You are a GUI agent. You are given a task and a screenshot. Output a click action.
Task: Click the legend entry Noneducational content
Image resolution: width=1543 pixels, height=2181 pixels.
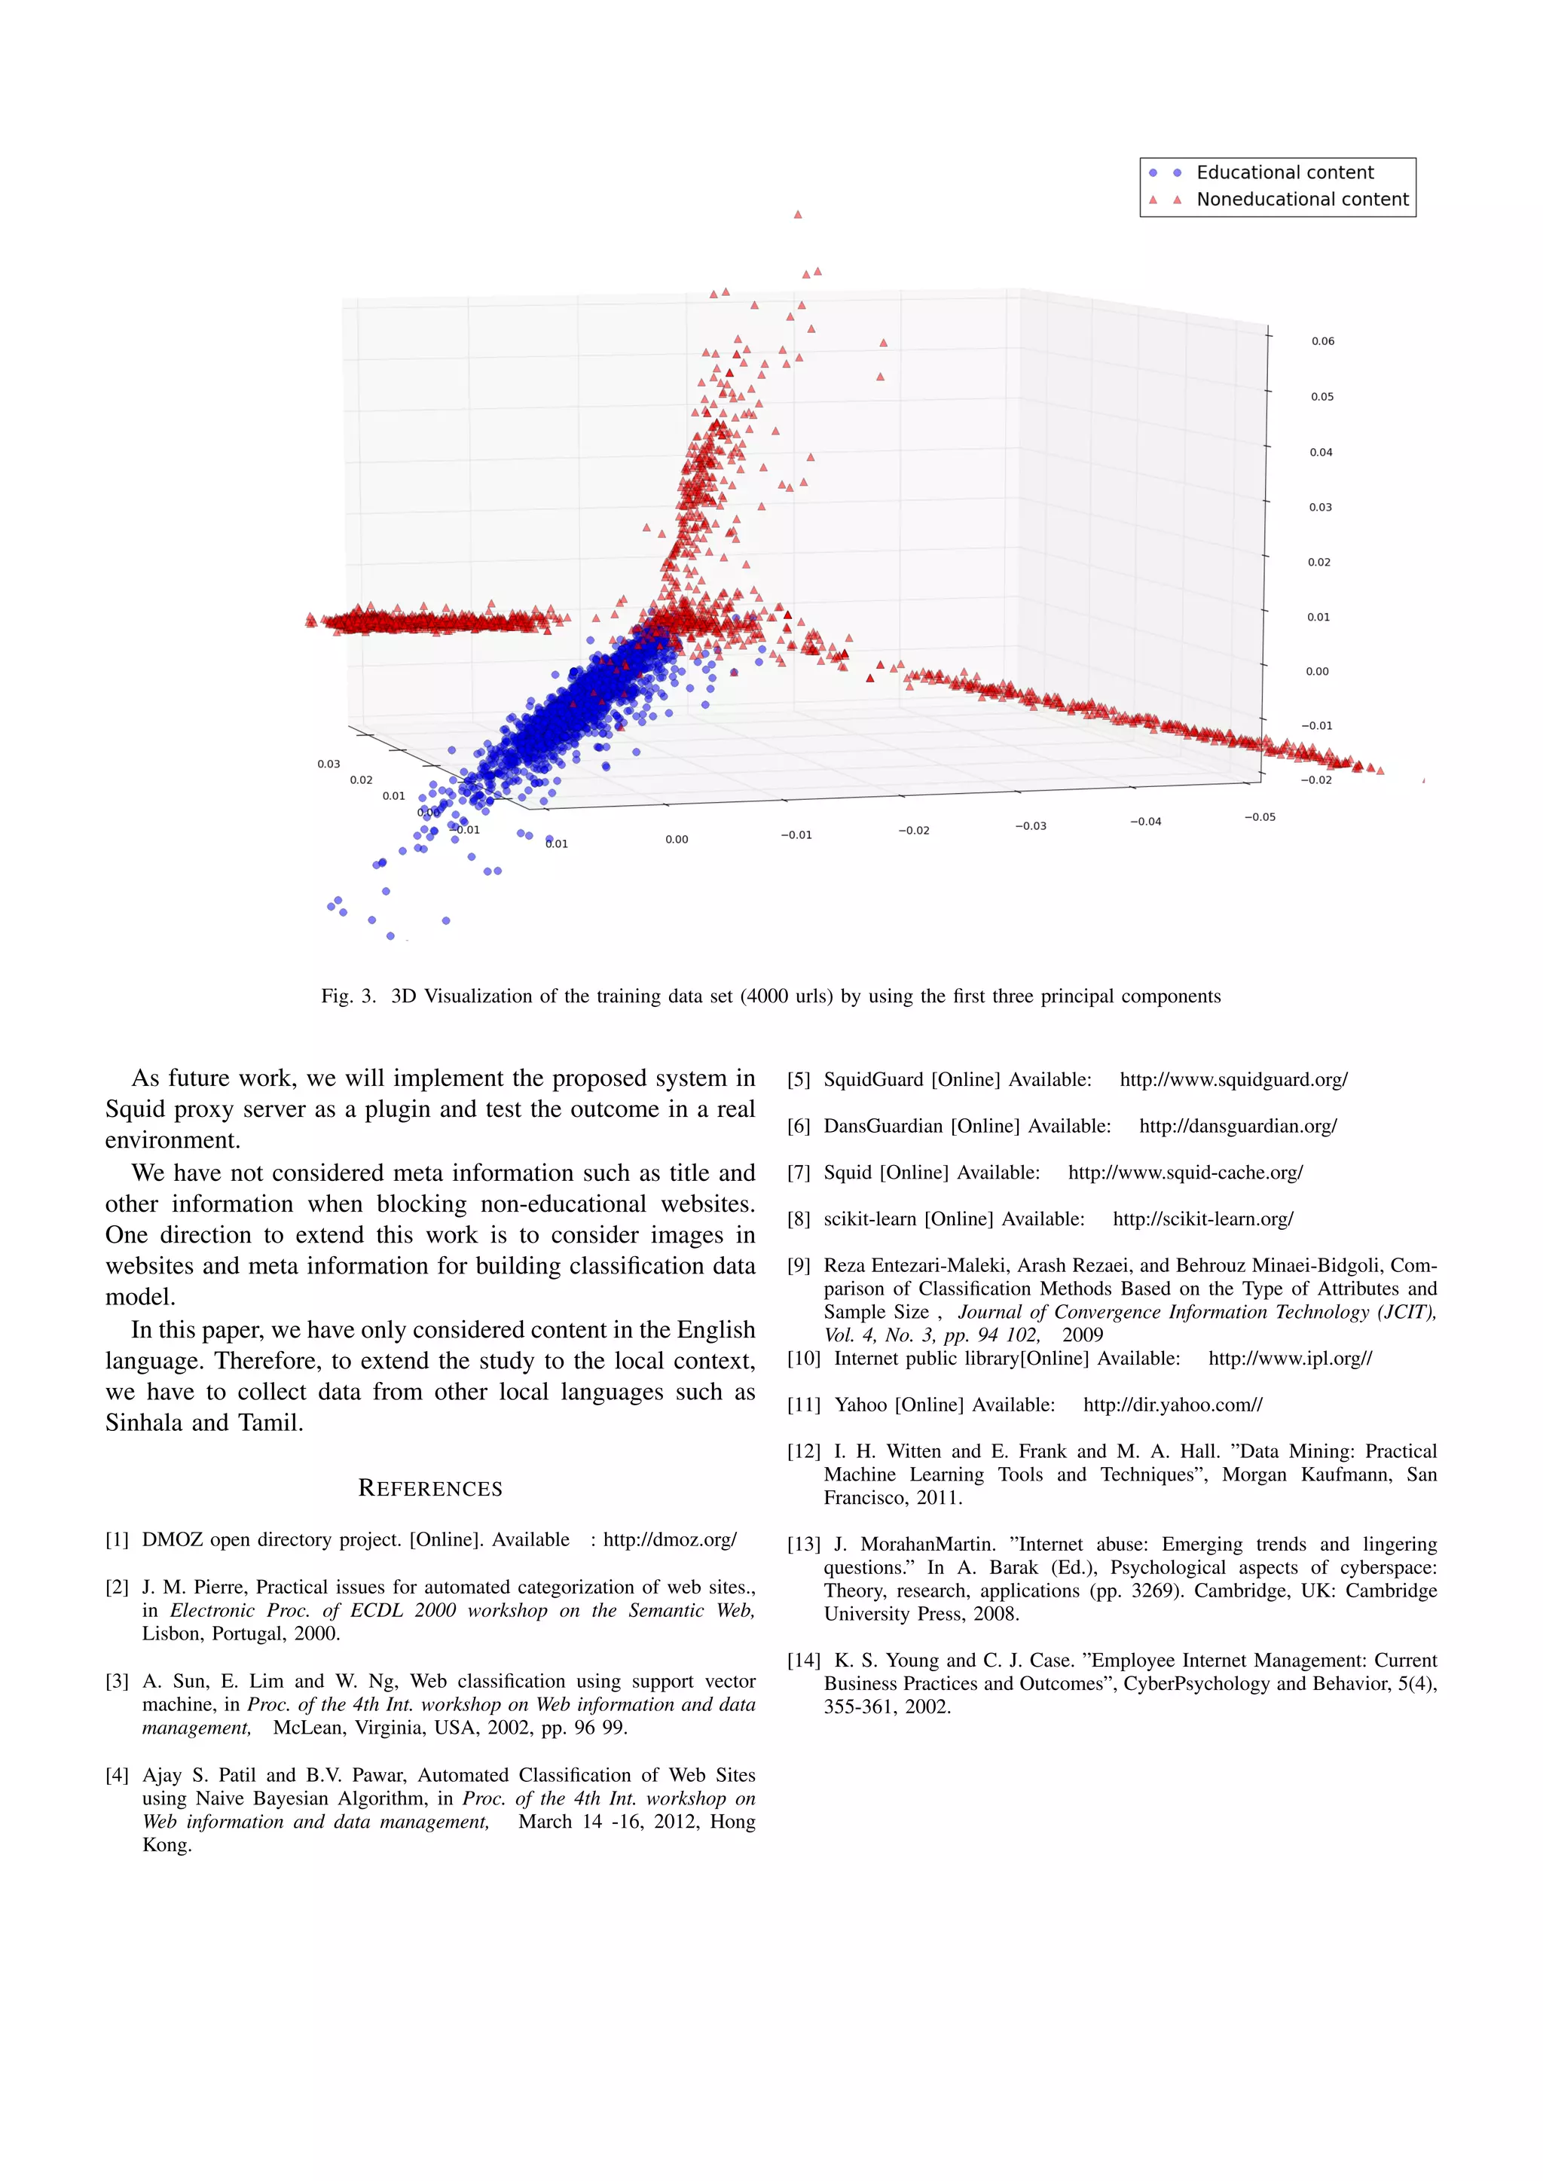click(x=1302, y=200)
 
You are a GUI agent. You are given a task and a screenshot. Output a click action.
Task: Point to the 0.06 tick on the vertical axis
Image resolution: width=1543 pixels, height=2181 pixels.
click(x=1321, y=341)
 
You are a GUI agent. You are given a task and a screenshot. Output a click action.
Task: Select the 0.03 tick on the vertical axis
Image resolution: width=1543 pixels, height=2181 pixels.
click(x=1320, y=508)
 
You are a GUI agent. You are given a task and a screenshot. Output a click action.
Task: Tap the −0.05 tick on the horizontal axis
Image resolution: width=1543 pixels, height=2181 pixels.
click(x=1260, y=817)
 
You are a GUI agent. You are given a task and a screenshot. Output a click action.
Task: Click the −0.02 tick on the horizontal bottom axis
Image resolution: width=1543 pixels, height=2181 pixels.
click(x=913, y=830)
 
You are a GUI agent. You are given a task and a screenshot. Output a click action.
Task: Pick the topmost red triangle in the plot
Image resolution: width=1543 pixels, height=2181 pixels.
click(x=797, y=215)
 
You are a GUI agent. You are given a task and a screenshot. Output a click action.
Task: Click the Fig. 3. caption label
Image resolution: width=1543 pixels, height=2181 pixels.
click(x=349, y=996)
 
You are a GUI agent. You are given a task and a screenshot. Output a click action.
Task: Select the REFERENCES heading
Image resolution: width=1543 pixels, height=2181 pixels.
click(x=430, y=1488)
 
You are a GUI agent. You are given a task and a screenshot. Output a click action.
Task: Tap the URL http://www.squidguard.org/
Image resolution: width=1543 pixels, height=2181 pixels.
click(x=1233, y=1080)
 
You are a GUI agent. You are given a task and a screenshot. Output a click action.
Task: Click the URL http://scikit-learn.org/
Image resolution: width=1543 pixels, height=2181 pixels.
click(x=1203, y=1219)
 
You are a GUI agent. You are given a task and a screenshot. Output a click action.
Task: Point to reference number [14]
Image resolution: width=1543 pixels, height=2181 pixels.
click(x=804, y=1661)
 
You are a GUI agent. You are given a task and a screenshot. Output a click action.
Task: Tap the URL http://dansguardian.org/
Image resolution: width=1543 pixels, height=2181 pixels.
click(x=1237, y=1127)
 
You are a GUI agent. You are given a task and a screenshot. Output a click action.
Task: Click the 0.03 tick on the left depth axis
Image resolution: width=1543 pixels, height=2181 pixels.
click(x=328, y=764)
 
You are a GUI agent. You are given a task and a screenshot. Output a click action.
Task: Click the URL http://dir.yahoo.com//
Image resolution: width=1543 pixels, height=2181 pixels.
click(x=1172, y=1405)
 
